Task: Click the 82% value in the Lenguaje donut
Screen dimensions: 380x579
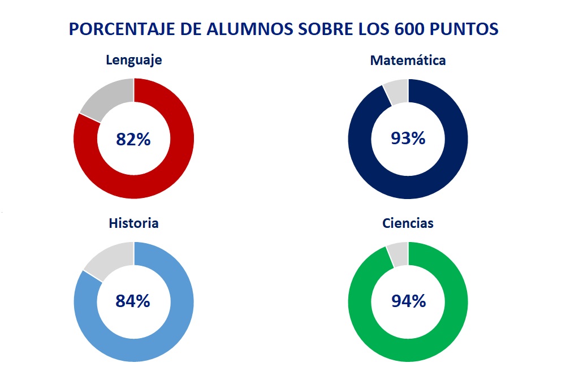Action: tap(133, 139)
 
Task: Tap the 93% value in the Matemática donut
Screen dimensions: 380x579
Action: tap(408, 138)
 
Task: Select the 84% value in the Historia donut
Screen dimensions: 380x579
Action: tap(133, 301)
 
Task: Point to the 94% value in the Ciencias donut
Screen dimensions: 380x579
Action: tap(408, 301)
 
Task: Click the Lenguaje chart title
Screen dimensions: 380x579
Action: tap(134, 60)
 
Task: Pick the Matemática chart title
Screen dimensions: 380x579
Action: tap(408, 60)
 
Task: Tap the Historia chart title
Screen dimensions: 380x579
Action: tap(133, 223)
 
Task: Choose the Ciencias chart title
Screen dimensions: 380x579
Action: tap(408, 223)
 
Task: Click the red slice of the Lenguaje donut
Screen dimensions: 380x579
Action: tap(170, 170)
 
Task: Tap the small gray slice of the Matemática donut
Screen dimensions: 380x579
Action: tap(396, 90)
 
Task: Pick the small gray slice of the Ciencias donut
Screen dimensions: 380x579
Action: tap(398, 253)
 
